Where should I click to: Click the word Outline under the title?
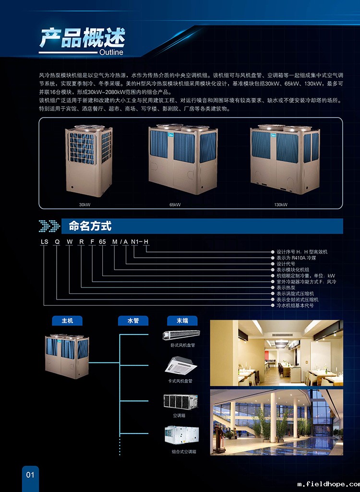click(111, 52)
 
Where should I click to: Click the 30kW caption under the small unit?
click(85, 204)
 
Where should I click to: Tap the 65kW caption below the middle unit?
click(175, 204)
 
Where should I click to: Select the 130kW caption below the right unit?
click(281, 204)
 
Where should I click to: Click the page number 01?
click(30, 474)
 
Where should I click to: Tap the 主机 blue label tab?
click(67, 321)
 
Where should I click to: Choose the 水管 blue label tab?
click(133, 321)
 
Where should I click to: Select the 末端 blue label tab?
click(182, 321)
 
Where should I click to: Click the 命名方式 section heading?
click(90, 226)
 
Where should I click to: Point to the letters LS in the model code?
click(44, 241)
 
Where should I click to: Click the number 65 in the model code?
click(102, 241)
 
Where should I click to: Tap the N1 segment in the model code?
click(134, 241)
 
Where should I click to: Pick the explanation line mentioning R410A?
click(296, 258)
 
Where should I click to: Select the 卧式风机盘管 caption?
click(180, 345)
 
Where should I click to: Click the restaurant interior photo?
click(276, 353)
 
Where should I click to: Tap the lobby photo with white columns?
click(276, 422)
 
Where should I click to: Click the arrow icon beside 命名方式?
click(49, 226)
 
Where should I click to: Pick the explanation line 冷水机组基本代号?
click(295, 305)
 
